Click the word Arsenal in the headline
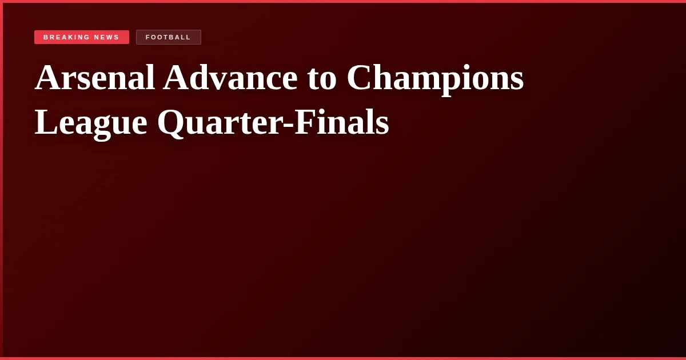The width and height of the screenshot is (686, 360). [x=95, y=78]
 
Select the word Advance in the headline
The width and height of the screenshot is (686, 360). [x=230, y=78]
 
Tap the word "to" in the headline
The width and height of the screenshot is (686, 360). [x=322, y=78]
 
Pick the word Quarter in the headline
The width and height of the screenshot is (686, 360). [x=220, y=122]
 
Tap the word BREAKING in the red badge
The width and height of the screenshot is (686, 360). [x=66, y=37]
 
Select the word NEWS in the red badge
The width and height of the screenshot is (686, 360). [x=107, y=37]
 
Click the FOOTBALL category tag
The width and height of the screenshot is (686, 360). [x=168, y=37]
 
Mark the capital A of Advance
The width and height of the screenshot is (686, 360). [x=176, y=78]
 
